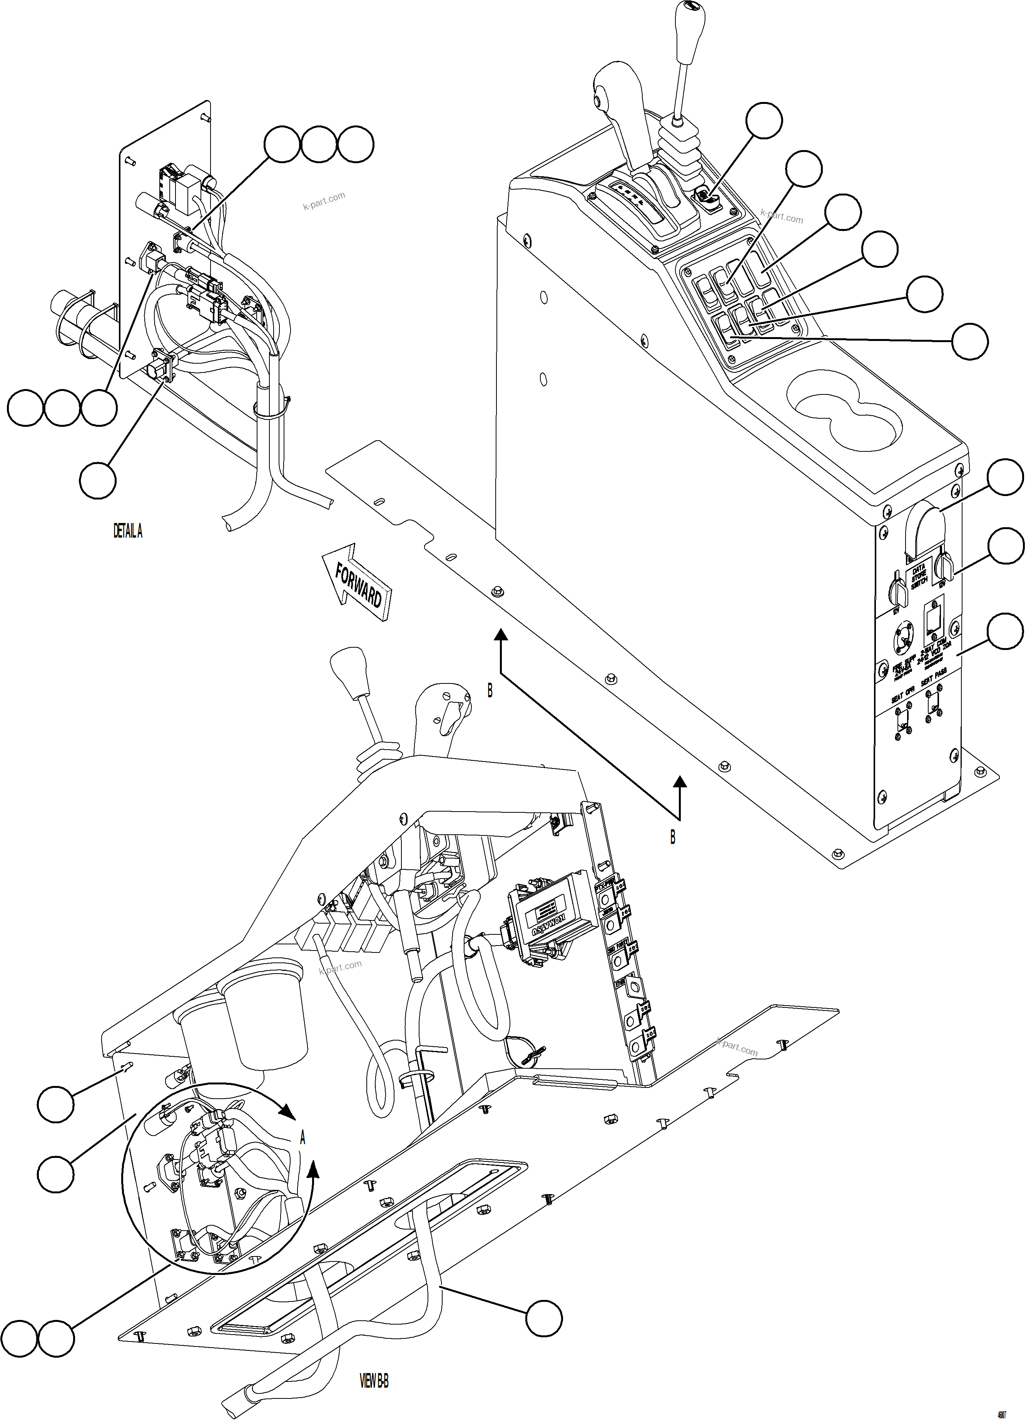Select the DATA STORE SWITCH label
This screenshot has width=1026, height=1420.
(x=918, y=576)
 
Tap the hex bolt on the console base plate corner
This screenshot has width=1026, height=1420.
(x=837, y=853)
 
